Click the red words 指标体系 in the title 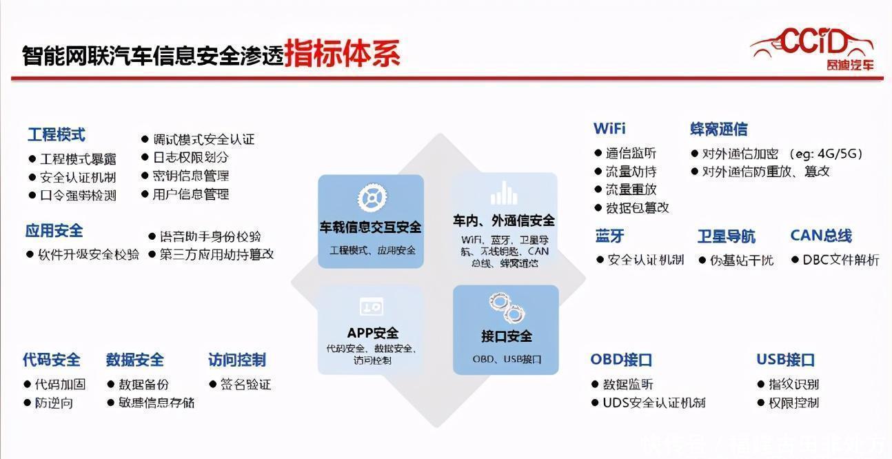click(x=342, y=53)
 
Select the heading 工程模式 click(x=57, y=134)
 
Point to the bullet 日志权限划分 click(x=190, y=157)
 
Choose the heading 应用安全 click(x=54, y=231)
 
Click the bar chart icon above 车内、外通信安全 click(x=504, y=194)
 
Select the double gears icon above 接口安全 click(x=506, y=308)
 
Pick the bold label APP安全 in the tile click(x=372, y=334)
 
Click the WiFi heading click(x=609, y=129)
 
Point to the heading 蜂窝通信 click(x=718, y=129)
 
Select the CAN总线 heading click(x=821, y=236)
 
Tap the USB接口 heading click(x=785, y=360)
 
